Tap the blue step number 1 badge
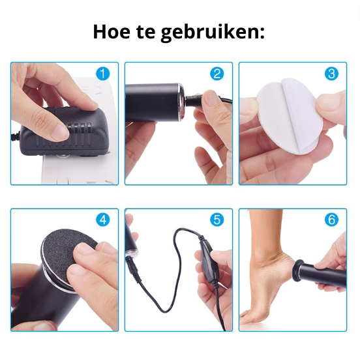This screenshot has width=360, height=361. click(x=103, y=74)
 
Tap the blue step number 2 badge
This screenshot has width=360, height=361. click(x=217, y=74)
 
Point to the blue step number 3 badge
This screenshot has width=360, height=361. click(x=331, y=74)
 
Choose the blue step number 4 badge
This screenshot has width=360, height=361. click(x=103, y=220)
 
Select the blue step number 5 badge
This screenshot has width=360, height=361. click(x=217, y=220)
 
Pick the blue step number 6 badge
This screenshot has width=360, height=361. click(x=331, y=220)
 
